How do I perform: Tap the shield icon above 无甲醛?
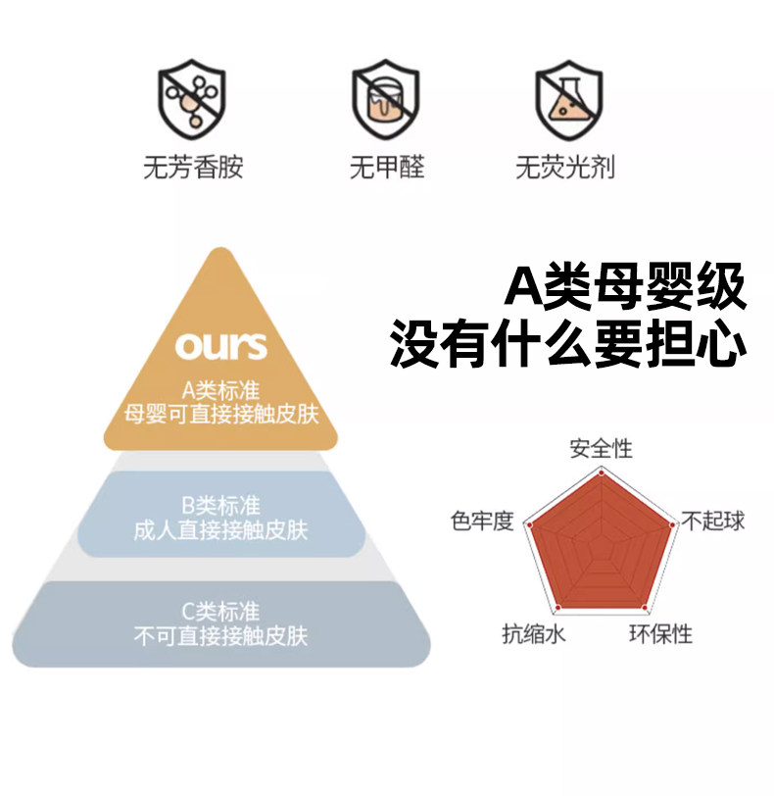pos(386,102)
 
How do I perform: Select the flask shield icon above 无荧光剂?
pos(568,102)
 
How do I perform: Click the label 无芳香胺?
pos(193,168)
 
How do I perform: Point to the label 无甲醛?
pos(387,168)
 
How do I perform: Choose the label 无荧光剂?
pos(565,168)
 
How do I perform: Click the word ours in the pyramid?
pos(221,345)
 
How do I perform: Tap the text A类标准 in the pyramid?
pos(220,391)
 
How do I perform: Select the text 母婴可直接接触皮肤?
pos(221,414)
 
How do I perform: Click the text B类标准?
pos(220,507)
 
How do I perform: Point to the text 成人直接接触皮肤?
pos(220,530)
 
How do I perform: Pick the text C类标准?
pos(220,613)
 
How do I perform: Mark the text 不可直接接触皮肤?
pos(220,636)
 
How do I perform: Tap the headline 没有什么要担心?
pos(568,344)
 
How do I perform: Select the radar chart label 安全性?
pos(602,449)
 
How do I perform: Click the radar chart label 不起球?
pos(712,521)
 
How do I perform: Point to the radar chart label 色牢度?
pos(482,521)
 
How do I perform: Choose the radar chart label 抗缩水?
pos(534,634)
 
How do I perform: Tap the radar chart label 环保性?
pos(660,634)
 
